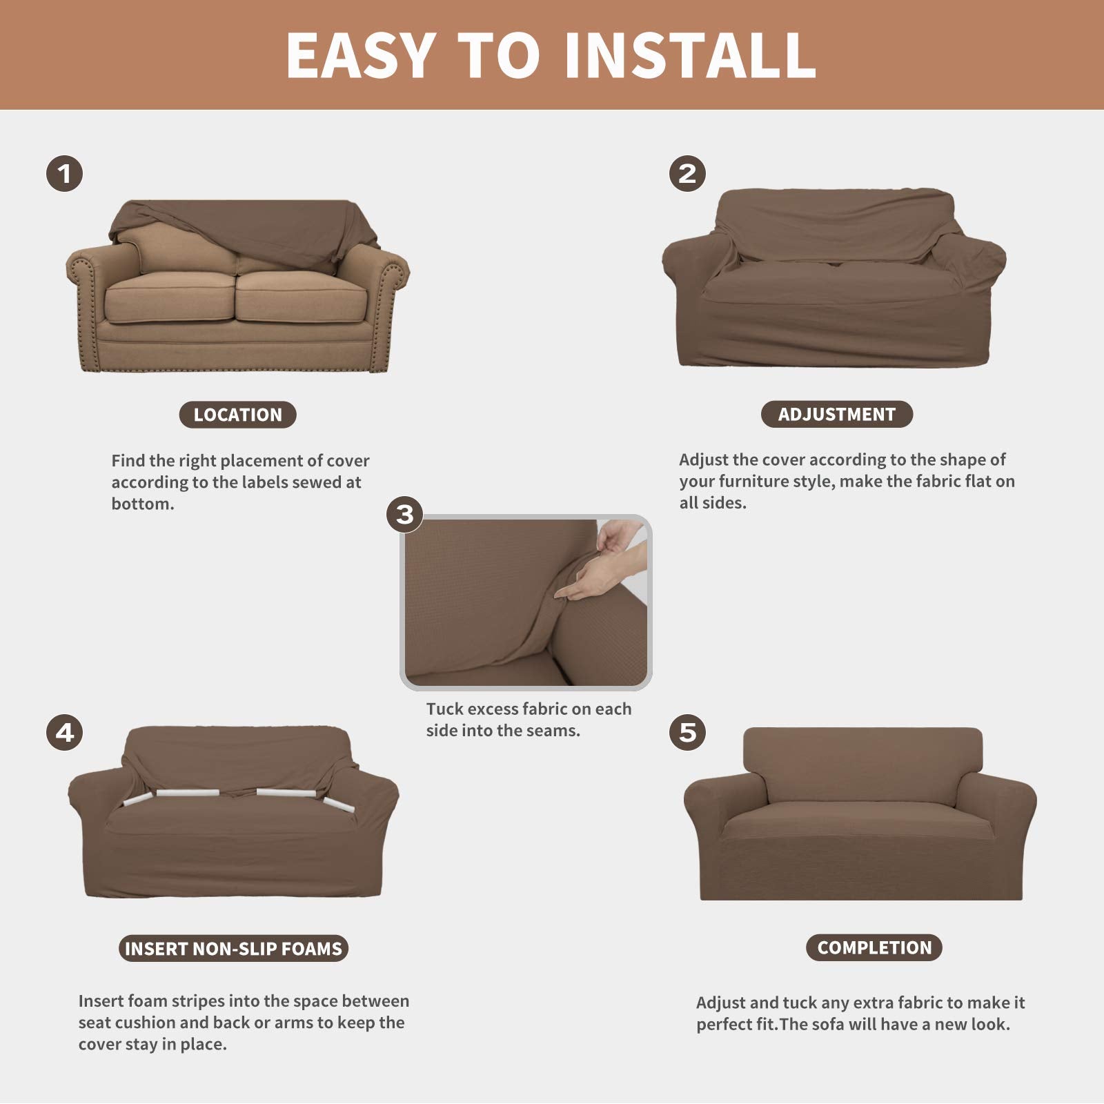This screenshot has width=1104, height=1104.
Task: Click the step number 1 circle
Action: point(65,173)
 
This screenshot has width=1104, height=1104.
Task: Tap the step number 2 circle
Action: point(687,173)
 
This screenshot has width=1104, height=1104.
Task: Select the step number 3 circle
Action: point(405,515)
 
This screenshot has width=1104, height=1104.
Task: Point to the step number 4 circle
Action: point(65,732)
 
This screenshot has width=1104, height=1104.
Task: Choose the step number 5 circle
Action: point(687,732)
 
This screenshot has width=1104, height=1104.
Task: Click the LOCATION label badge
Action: point(237,415)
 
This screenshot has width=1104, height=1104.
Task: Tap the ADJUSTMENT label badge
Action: point(836,414)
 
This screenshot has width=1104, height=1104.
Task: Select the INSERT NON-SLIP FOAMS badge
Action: point(233,949)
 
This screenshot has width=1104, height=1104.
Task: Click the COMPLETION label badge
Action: point(874,948)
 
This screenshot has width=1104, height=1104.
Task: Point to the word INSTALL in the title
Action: point(690,55)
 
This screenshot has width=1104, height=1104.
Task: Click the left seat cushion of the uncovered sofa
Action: point(169,297)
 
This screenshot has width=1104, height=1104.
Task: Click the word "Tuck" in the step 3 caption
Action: point(444,709)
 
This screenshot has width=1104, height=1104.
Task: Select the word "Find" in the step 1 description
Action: point(129,461)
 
